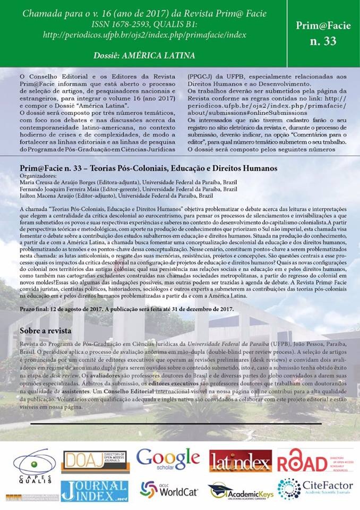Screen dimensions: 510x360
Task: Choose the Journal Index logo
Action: click(x=94, y=490)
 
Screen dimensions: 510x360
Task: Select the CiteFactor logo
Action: click(x=313, y=489)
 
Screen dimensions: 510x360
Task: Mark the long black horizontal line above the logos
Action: click(x=179, y=424)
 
